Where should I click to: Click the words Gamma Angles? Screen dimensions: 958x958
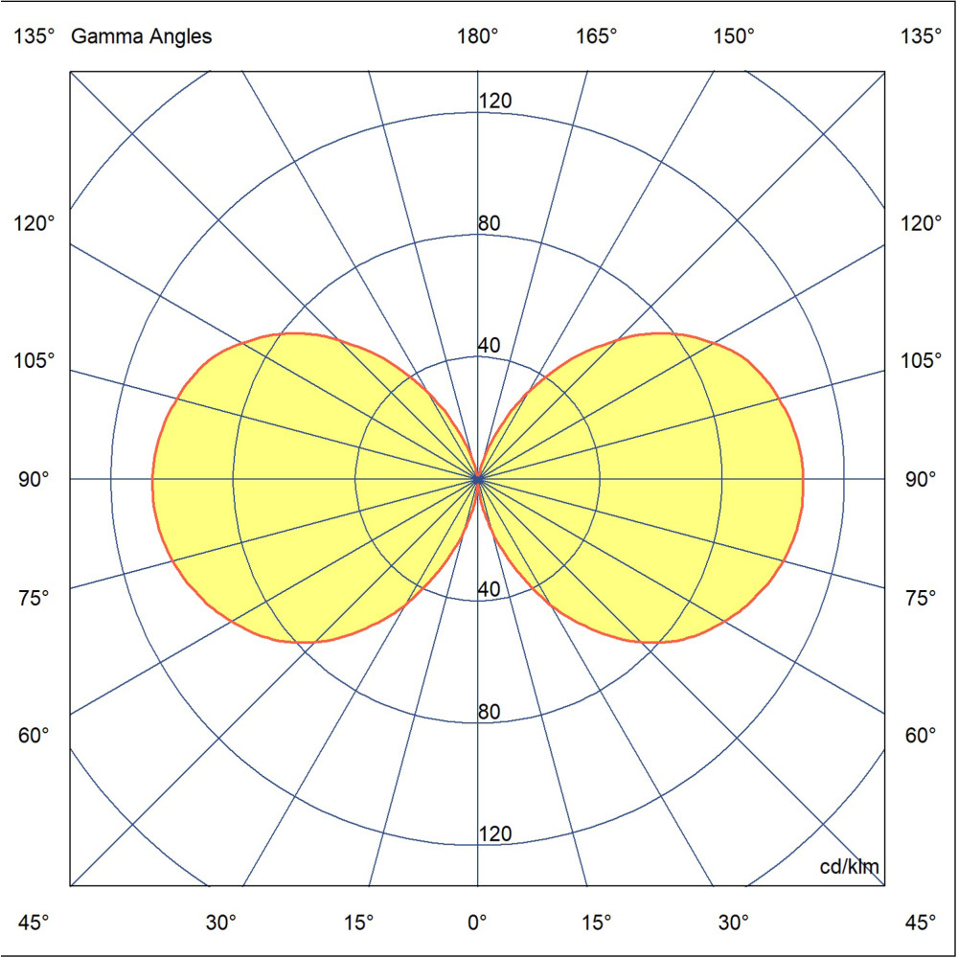142,37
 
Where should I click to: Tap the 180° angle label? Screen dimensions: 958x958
478,37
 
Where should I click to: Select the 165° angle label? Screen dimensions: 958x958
596,37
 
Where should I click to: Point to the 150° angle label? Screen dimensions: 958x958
734,37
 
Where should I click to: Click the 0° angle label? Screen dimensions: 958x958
478,923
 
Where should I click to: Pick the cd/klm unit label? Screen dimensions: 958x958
850,868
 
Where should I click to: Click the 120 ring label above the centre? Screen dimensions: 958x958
495,102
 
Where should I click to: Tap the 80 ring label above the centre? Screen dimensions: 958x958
490,224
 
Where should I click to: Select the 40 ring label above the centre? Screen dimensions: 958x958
490,346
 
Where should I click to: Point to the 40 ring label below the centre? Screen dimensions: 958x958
490,590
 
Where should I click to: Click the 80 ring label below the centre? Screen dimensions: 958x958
490,712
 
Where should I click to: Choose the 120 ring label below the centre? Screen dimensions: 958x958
495,834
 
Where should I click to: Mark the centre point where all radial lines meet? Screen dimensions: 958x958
478,478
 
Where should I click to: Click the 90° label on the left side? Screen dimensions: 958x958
34,478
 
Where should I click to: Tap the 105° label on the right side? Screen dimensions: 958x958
922,361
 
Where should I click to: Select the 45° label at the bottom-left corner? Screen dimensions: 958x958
34,923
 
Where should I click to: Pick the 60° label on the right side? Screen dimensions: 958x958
922,736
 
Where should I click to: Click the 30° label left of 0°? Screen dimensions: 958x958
222,923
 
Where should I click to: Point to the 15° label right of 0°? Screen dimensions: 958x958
596,923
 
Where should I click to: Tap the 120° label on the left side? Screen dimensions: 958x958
34,223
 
